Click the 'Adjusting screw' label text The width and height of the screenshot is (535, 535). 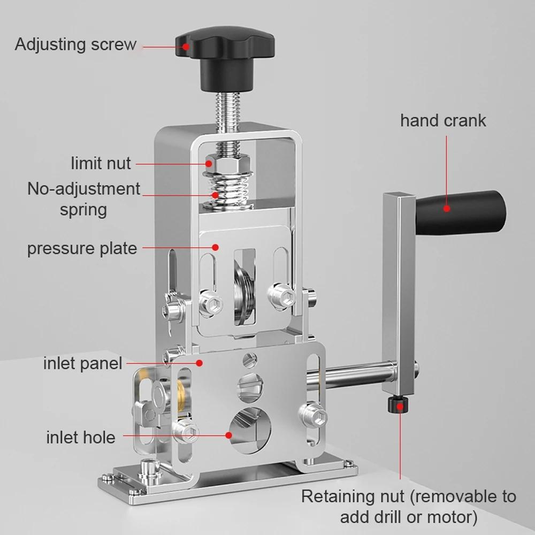point(75,44)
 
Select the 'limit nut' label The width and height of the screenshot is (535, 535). point(101,163)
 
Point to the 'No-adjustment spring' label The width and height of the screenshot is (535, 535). point(83,198)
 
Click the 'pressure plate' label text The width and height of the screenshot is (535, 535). point(82,248)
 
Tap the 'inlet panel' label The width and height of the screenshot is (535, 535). point(82,364)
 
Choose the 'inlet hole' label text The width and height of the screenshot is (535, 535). point(80,437)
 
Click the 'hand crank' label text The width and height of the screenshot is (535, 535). point(443,120)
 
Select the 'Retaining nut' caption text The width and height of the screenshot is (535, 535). point(408,506)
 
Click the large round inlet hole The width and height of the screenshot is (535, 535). point(250,428)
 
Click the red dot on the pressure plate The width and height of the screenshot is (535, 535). point(215,247)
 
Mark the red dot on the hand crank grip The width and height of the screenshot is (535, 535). point(445,209)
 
